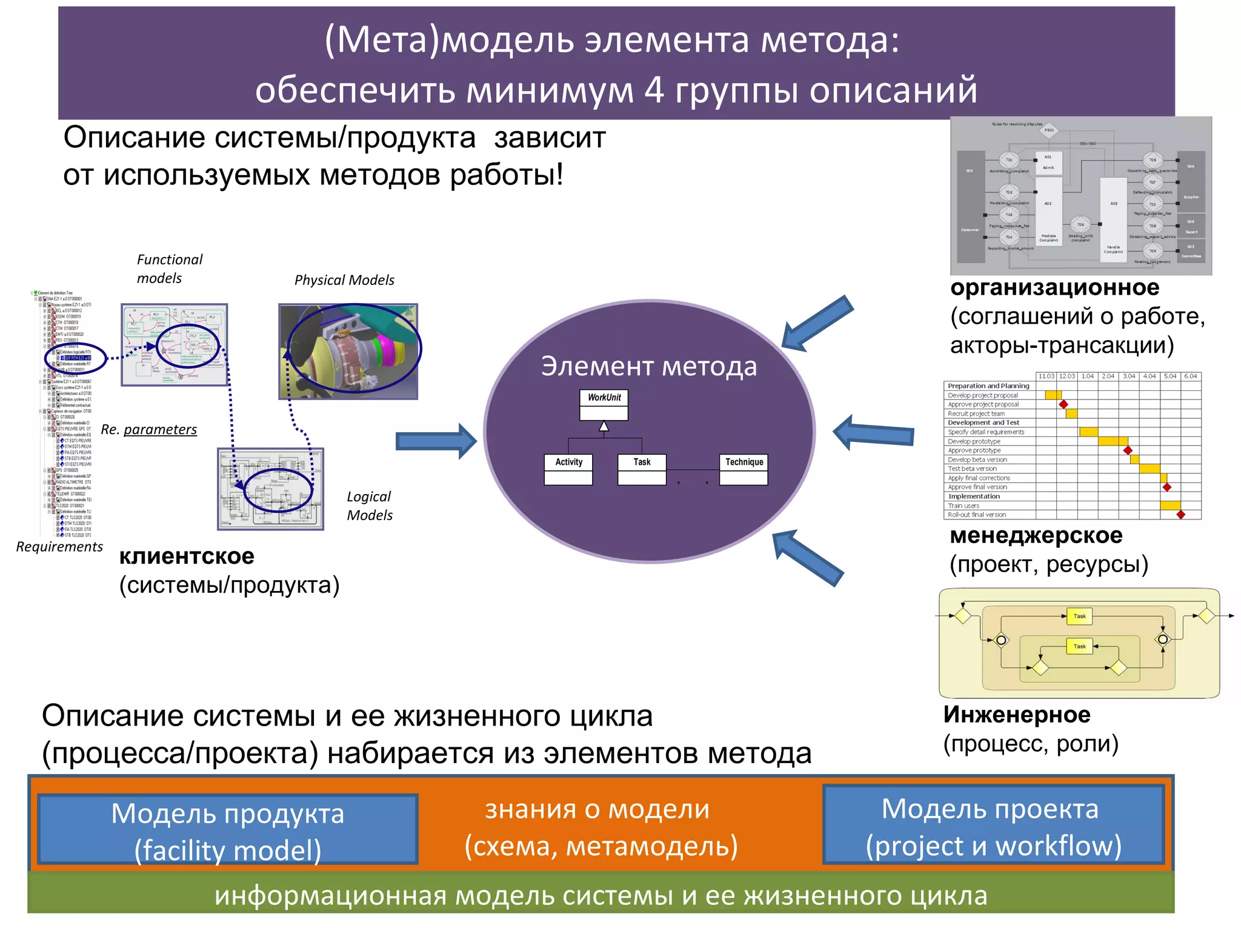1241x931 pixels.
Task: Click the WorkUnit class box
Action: click(x=604, y=404)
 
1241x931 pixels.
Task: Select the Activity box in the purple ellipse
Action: click(x=568, y=469)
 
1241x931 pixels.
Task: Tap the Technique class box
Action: click(x=744, y=469)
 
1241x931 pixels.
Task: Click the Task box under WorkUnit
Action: click(x=642, y=469)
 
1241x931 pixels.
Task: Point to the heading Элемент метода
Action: click(x=649, y=367)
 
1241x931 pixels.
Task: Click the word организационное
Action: click(x=1054, y=287)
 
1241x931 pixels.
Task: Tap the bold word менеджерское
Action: click(x=1036, y=535)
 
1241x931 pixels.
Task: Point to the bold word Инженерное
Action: click(x=1017, y=715)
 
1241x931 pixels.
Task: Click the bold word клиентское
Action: click(x=187, y=556)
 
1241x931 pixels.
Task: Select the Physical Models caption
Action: click(x=344, y=280)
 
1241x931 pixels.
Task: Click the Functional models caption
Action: click(x=169, y=269)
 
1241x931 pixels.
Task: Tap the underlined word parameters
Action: click(x=160, y=430)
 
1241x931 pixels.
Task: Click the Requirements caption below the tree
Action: click(x=59, y=547)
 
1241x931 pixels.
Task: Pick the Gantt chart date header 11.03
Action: click(x=1046, y=376)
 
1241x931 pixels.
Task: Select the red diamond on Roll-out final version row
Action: click(x=1180, y=515)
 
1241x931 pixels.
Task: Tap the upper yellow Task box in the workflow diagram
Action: click(x=1079, y=616)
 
